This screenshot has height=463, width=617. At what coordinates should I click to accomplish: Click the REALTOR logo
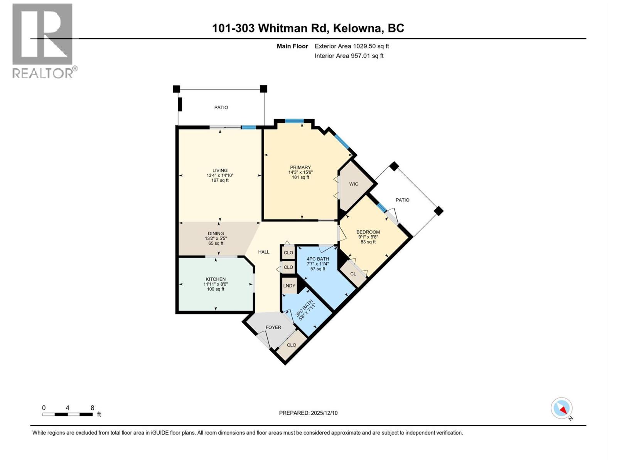(x=43, y=41)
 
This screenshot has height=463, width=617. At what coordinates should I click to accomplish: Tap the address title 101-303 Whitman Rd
(x=308, y=28)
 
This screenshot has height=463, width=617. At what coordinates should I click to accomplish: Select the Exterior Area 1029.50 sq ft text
(x=351, y=46)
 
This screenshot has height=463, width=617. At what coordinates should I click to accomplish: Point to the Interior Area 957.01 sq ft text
(x=349, y=56)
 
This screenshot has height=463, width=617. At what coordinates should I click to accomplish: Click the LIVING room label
(x=220, y=171)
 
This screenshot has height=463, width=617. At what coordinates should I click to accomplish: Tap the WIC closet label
(x=354, y=184)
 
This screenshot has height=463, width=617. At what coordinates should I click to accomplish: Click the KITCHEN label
(x=216, y=279)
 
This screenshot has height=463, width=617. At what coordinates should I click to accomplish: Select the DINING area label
(x=216, y=233)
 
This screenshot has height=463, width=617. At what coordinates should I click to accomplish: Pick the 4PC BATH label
(x=318, y=259)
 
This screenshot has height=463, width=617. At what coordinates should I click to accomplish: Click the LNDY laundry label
(x=289, y=286)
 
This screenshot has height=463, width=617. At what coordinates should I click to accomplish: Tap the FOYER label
(x=273, y=327)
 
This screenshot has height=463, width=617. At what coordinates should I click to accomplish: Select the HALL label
(x=264, y=252)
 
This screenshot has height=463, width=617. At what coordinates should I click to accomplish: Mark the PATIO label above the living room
(x=221, y=108)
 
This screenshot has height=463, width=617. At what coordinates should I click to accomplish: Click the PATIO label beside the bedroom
(x=402, y=200)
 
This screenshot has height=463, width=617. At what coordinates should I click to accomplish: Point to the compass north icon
(x=562, y=408)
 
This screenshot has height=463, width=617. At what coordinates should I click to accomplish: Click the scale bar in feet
(x=67, y=414)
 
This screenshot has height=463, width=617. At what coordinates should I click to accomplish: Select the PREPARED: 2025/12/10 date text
(x=308, y=413)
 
